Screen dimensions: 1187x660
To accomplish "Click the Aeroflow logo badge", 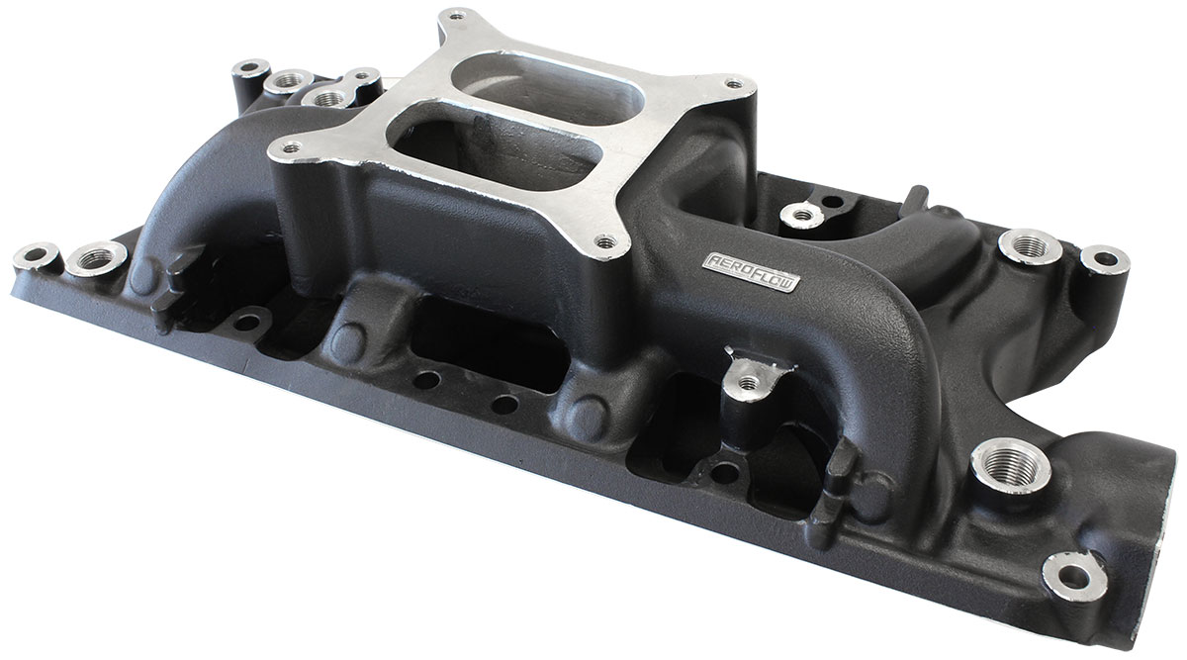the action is click(x=751, y=272).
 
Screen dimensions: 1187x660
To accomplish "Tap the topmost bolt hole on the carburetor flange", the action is click(x=458, y=17).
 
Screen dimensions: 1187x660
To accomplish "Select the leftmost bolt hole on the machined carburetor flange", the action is click(x=292, y=147).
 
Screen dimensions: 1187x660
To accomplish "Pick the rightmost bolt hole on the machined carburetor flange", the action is click(x=734, y=84).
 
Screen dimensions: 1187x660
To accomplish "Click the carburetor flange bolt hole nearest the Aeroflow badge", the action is click(x=606, y=242).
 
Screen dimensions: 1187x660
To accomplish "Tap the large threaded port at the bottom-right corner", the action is click(x=1013, y=465).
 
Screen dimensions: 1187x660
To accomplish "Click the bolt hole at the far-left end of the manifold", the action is click(x=35, y=255).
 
